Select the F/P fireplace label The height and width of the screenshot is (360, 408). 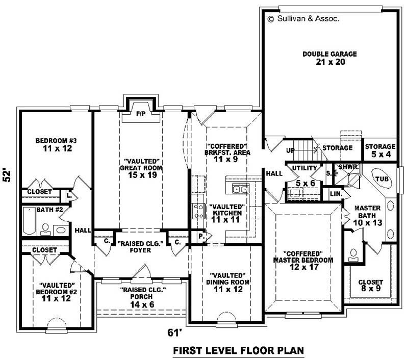(141, 113)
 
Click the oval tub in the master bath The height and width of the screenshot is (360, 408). (381, 179)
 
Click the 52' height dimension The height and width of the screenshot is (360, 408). (8, 175)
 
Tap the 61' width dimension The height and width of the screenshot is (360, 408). (175, 332)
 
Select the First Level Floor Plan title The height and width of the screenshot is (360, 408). (239, 350)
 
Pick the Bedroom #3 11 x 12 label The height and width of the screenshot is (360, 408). (56, 144)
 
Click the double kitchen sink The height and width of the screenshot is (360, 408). (240, 190)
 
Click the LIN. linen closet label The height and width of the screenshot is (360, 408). (335, 194)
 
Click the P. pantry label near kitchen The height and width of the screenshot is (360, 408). (200, 237)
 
